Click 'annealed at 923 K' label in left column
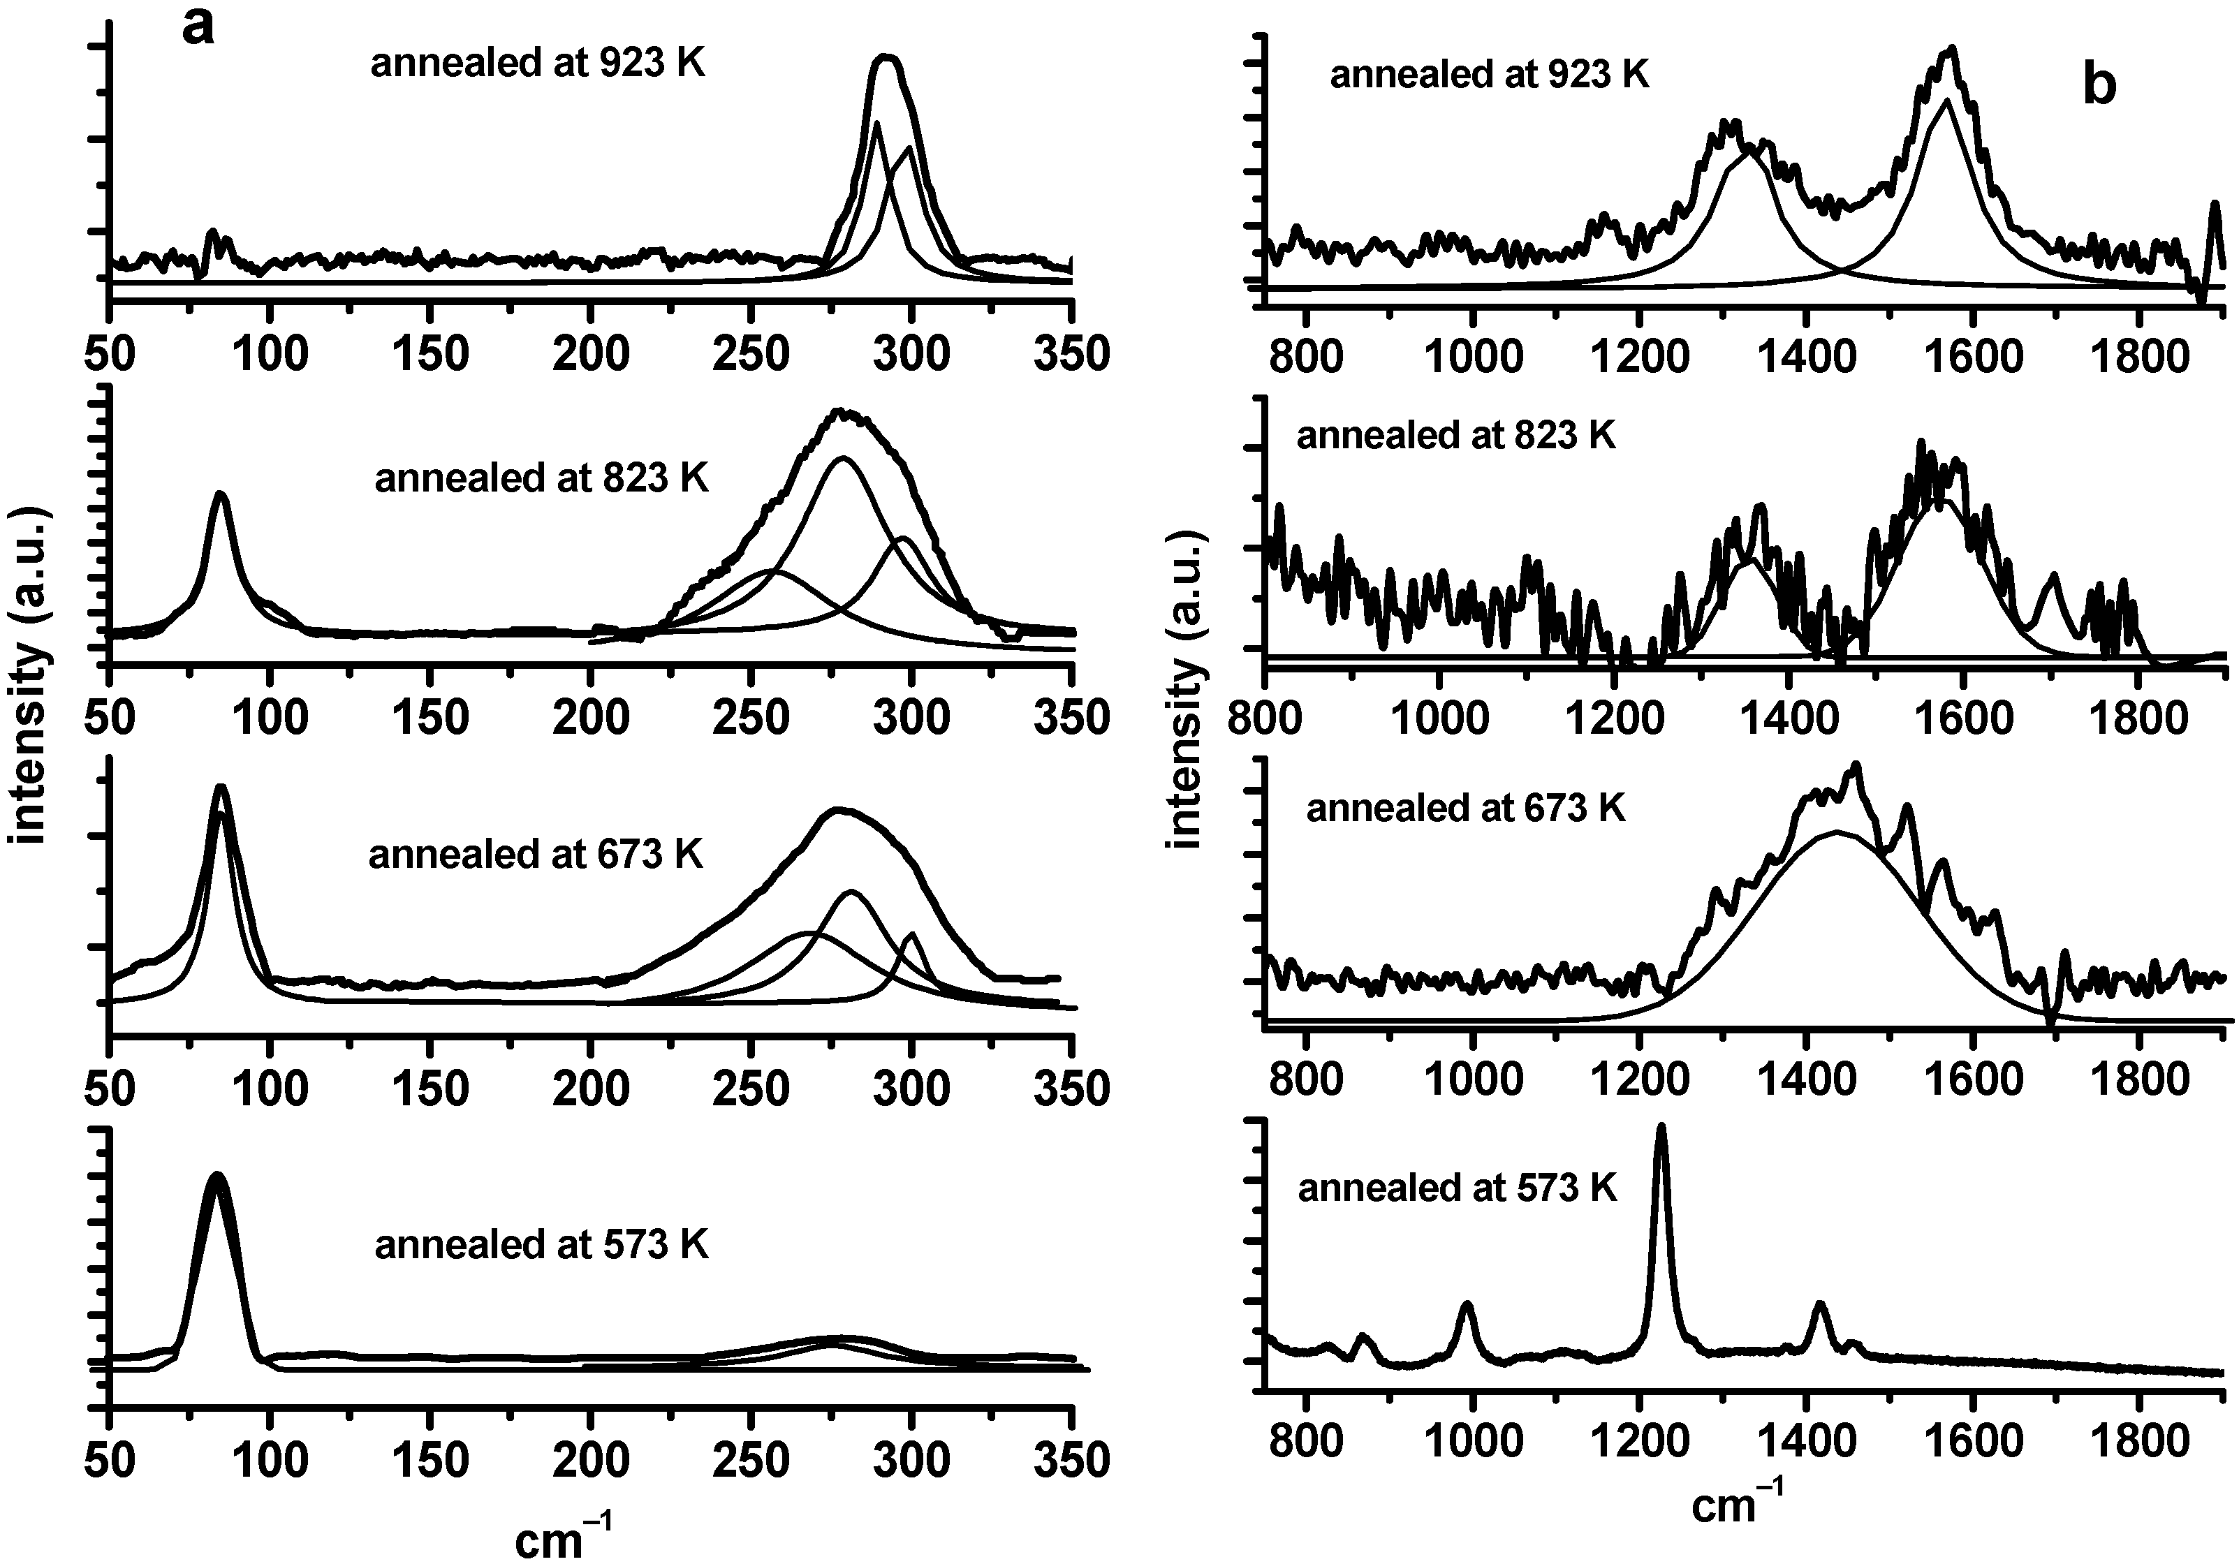click(x=537, y=64)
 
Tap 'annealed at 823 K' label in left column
click(x=541, y=479)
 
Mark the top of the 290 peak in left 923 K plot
click(x=886, y=59)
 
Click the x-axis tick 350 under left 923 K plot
click(x=1071, y=354)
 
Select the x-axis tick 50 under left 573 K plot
click(x=110, y=1461)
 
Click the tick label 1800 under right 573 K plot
click(x=2138, y=1461)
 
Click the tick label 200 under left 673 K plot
click(x=590, y=1089)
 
